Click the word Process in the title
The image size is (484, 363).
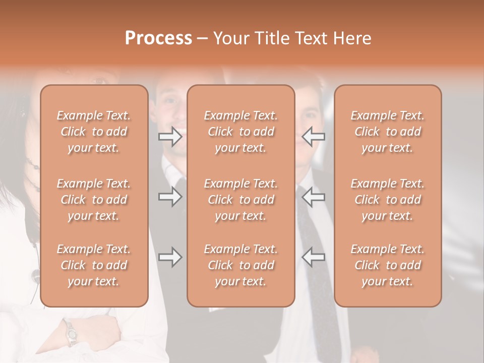(158, 38)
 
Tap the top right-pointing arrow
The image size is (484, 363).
(170, 137)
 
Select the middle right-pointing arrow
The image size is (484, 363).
(170, 197)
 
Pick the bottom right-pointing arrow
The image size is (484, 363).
(170, 257)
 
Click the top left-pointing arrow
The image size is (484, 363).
(313, 137)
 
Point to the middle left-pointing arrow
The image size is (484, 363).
(313, 197)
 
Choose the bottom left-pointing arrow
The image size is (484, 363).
(313, 257)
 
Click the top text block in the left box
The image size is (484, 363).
(94, 132)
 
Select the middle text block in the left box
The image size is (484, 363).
(94, 200)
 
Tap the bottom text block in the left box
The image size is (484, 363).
(94, 265)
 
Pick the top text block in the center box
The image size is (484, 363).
(240, 132)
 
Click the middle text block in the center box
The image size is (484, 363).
(240, 200)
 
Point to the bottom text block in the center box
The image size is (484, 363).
(240, 265)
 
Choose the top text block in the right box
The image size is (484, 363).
(388, 132)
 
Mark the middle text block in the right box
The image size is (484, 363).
(388, 200)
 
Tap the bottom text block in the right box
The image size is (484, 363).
(388, 265)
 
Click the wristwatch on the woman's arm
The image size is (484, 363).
(71, 333)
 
